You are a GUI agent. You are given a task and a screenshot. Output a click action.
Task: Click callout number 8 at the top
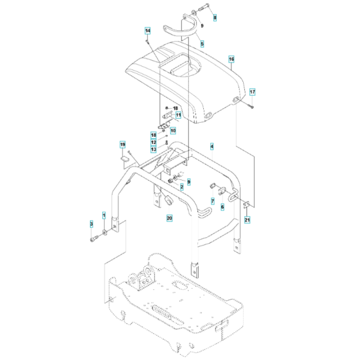pyautogui.click(x=215, y=17)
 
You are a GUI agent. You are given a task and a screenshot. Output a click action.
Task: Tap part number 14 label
pyautogui.click(x=147, y=31)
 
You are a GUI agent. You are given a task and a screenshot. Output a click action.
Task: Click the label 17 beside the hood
pyautogui.click(x=253, y=92)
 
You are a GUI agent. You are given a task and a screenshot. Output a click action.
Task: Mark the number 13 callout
pyautogui.click(x=154, y=149)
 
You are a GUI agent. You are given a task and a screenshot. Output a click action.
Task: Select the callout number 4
pyautogui.click(x=211, y=147)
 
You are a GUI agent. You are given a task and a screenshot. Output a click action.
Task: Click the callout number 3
pyautogui.click(x=91, y=223)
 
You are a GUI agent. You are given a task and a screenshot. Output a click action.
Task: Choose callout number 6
pyautogui.click(x=222, y=207)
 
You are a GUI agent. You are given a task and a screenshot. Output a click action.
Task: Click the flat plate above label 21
pyautogui.click(x=246, y=206)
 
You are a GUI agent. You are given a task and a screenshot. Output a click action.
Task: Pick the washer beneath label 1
pyautogui.click(x=105, y=230)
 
